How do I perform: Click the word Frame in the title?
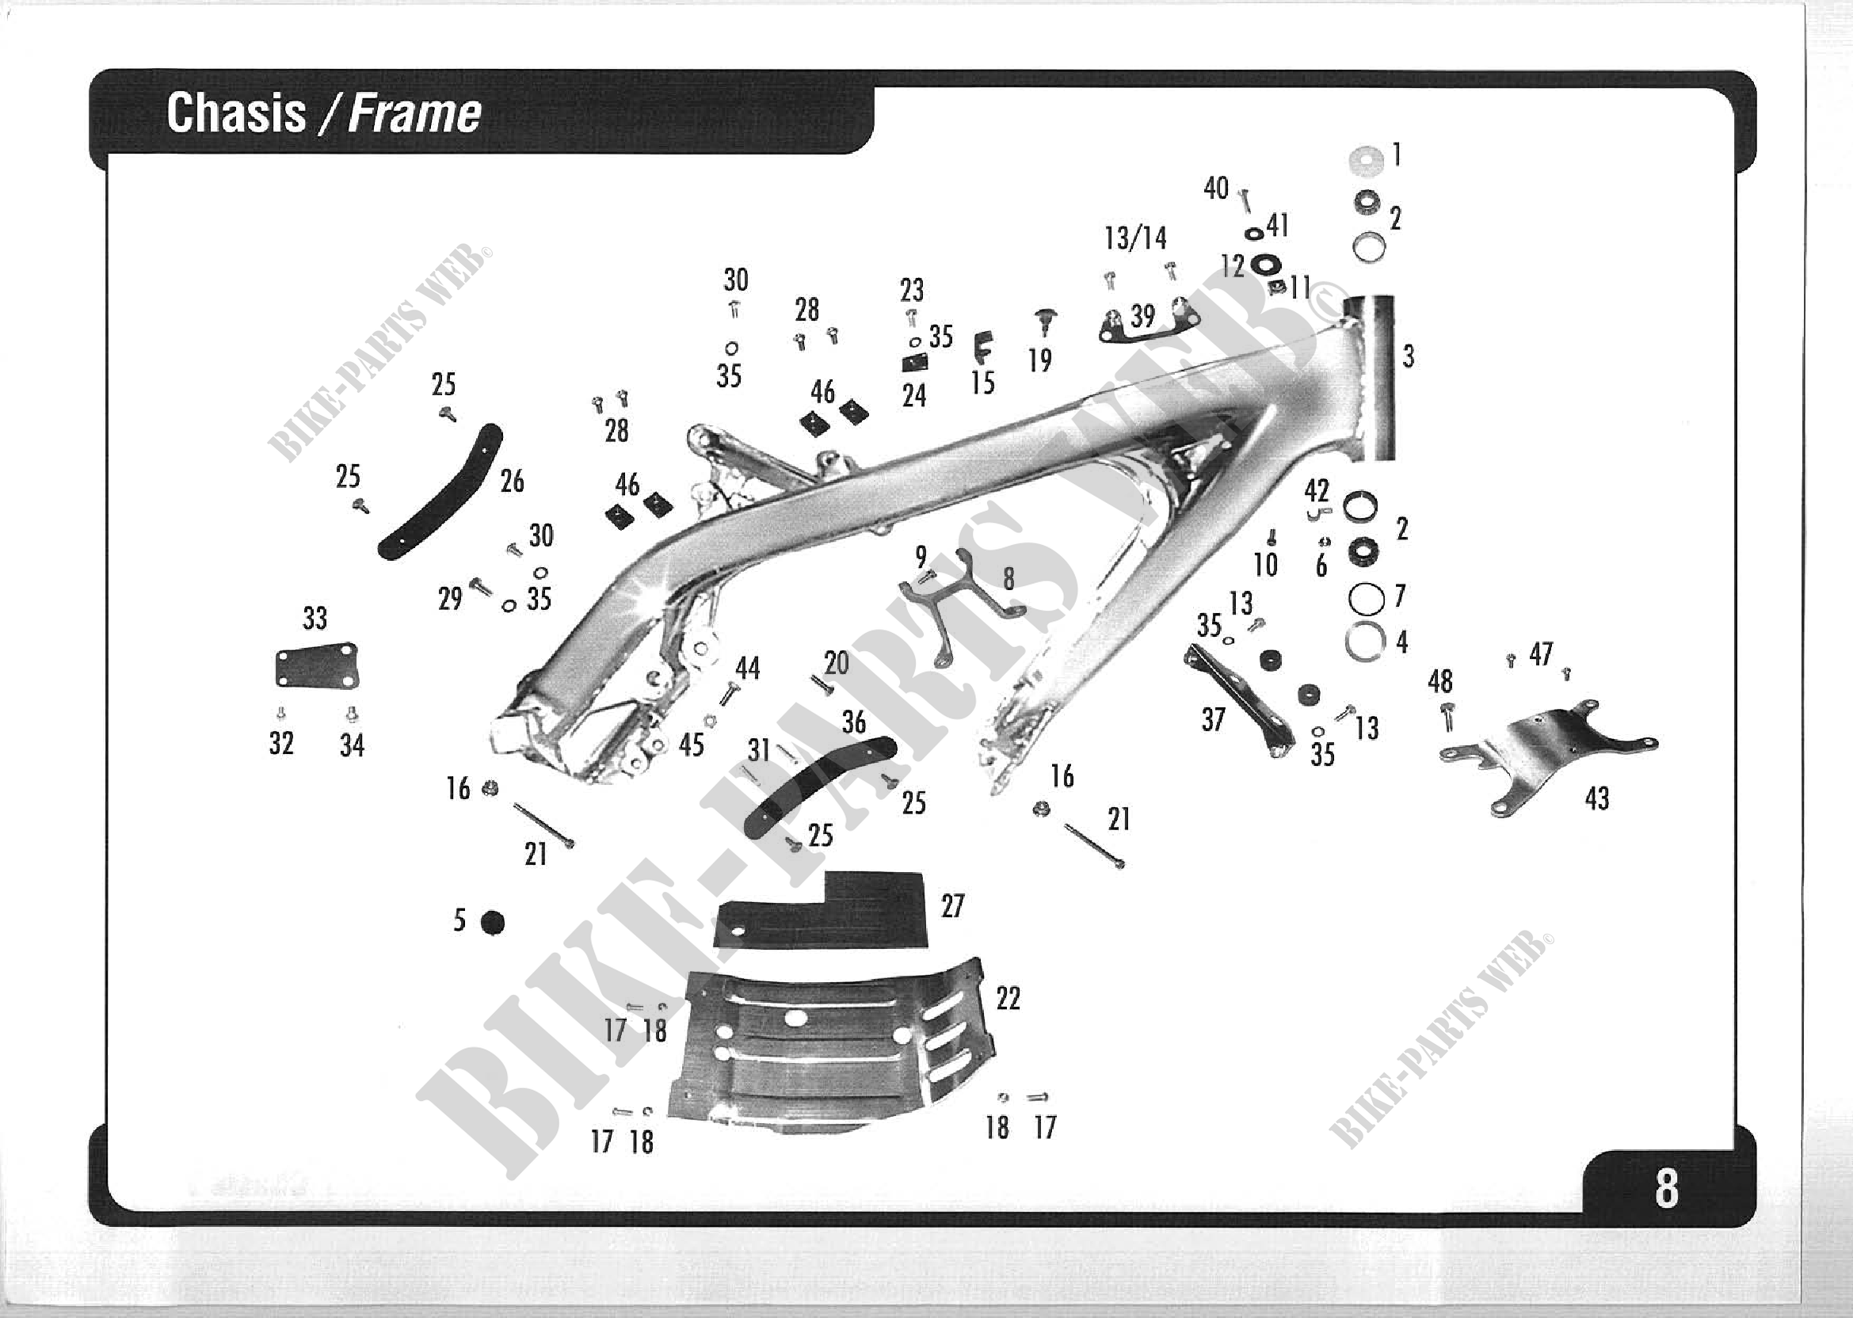pyautogui.click(x=415, y=113)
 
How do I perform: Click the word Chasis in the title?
pyautogui.click(x=235, y=112)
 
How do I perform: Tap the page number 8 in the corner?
pyautogui.click(x=1666, y=1189)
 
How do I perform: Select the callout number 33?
pyautogui.click(x=315, y=619)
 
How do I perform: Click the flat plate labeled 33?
pyautogui.click(x=317, y=668)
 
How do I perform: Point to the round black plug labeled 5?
pyautogui.click(x=492, y=923)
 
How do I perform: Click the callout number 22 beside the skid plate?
pyautogui.click(x=1007, y=998)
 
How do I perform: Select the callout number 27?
pyautogui.click(x=952, y=905)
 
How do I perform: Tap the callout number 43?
pyautogui.click(x=1596, y=799)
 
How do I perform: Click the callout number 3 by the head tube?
pyautogui.click(x=1409, y=356)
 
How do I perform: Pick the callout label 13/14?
pyautogui.click(x=1135, y=238)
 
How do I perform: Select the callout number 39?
pyautogui.click(x=1143, y=316)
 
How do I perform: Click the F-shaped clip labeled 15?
pyautogui.click(x=982, y=348)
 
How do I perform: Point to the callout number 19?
pyautogui.click(x=1039, y=360)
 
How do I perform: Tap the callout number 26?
pyautogui.click(x=511, y=482)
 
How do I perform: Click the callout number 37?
pyautogui.click(x=1213, y=719)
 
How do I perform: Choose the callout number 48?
pyautogui.click(x=1440, y=682)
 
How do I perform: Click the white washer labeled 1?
pyautogui.click(x=1366, y=160)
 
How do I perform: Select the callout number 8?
pyautogui.click(x=1008, y=579)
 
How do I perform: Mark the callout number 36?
pyautogui.click(x=854, y=722)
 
